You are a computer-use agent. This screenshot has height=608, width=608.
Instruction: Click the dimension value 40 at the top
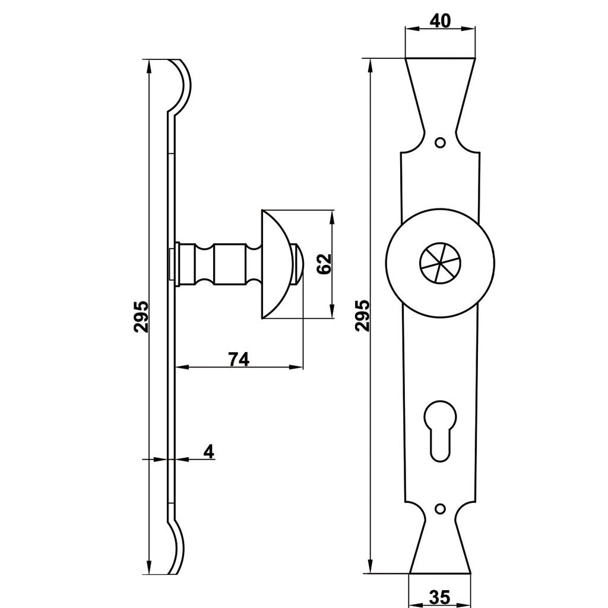tap(441, 21)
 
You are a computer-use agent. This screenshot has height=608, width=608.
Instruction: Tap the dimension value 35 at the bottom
tap(440, 596)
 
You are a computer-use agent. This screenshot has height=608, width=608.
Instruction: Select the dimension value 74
tap(239, 359)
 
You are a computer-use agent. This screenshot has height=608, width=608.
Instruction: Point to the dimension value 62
tap(324, 264)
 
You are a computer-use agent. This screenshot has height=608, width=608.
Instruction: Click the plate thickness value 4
tap(209, 452)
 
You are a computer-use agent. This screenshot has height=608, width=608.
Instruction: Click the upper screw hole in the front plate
tap(440, 142)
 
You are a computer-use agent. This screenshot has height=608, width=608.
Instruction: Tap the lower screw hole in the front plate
tap(440, 508)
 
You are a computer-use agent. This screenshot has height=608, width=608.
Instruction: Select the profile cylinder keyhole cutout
tap(440, 430)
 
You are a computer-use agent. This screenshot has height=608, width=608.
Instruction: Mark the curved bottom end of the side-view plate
tap(178, 547)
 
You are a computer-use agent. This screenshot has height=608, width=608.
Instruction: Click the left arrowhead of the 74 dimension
tap(182, 367)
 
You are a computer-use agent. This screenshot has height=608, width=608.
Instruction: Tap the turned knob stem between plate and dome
tap(219, 264)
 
